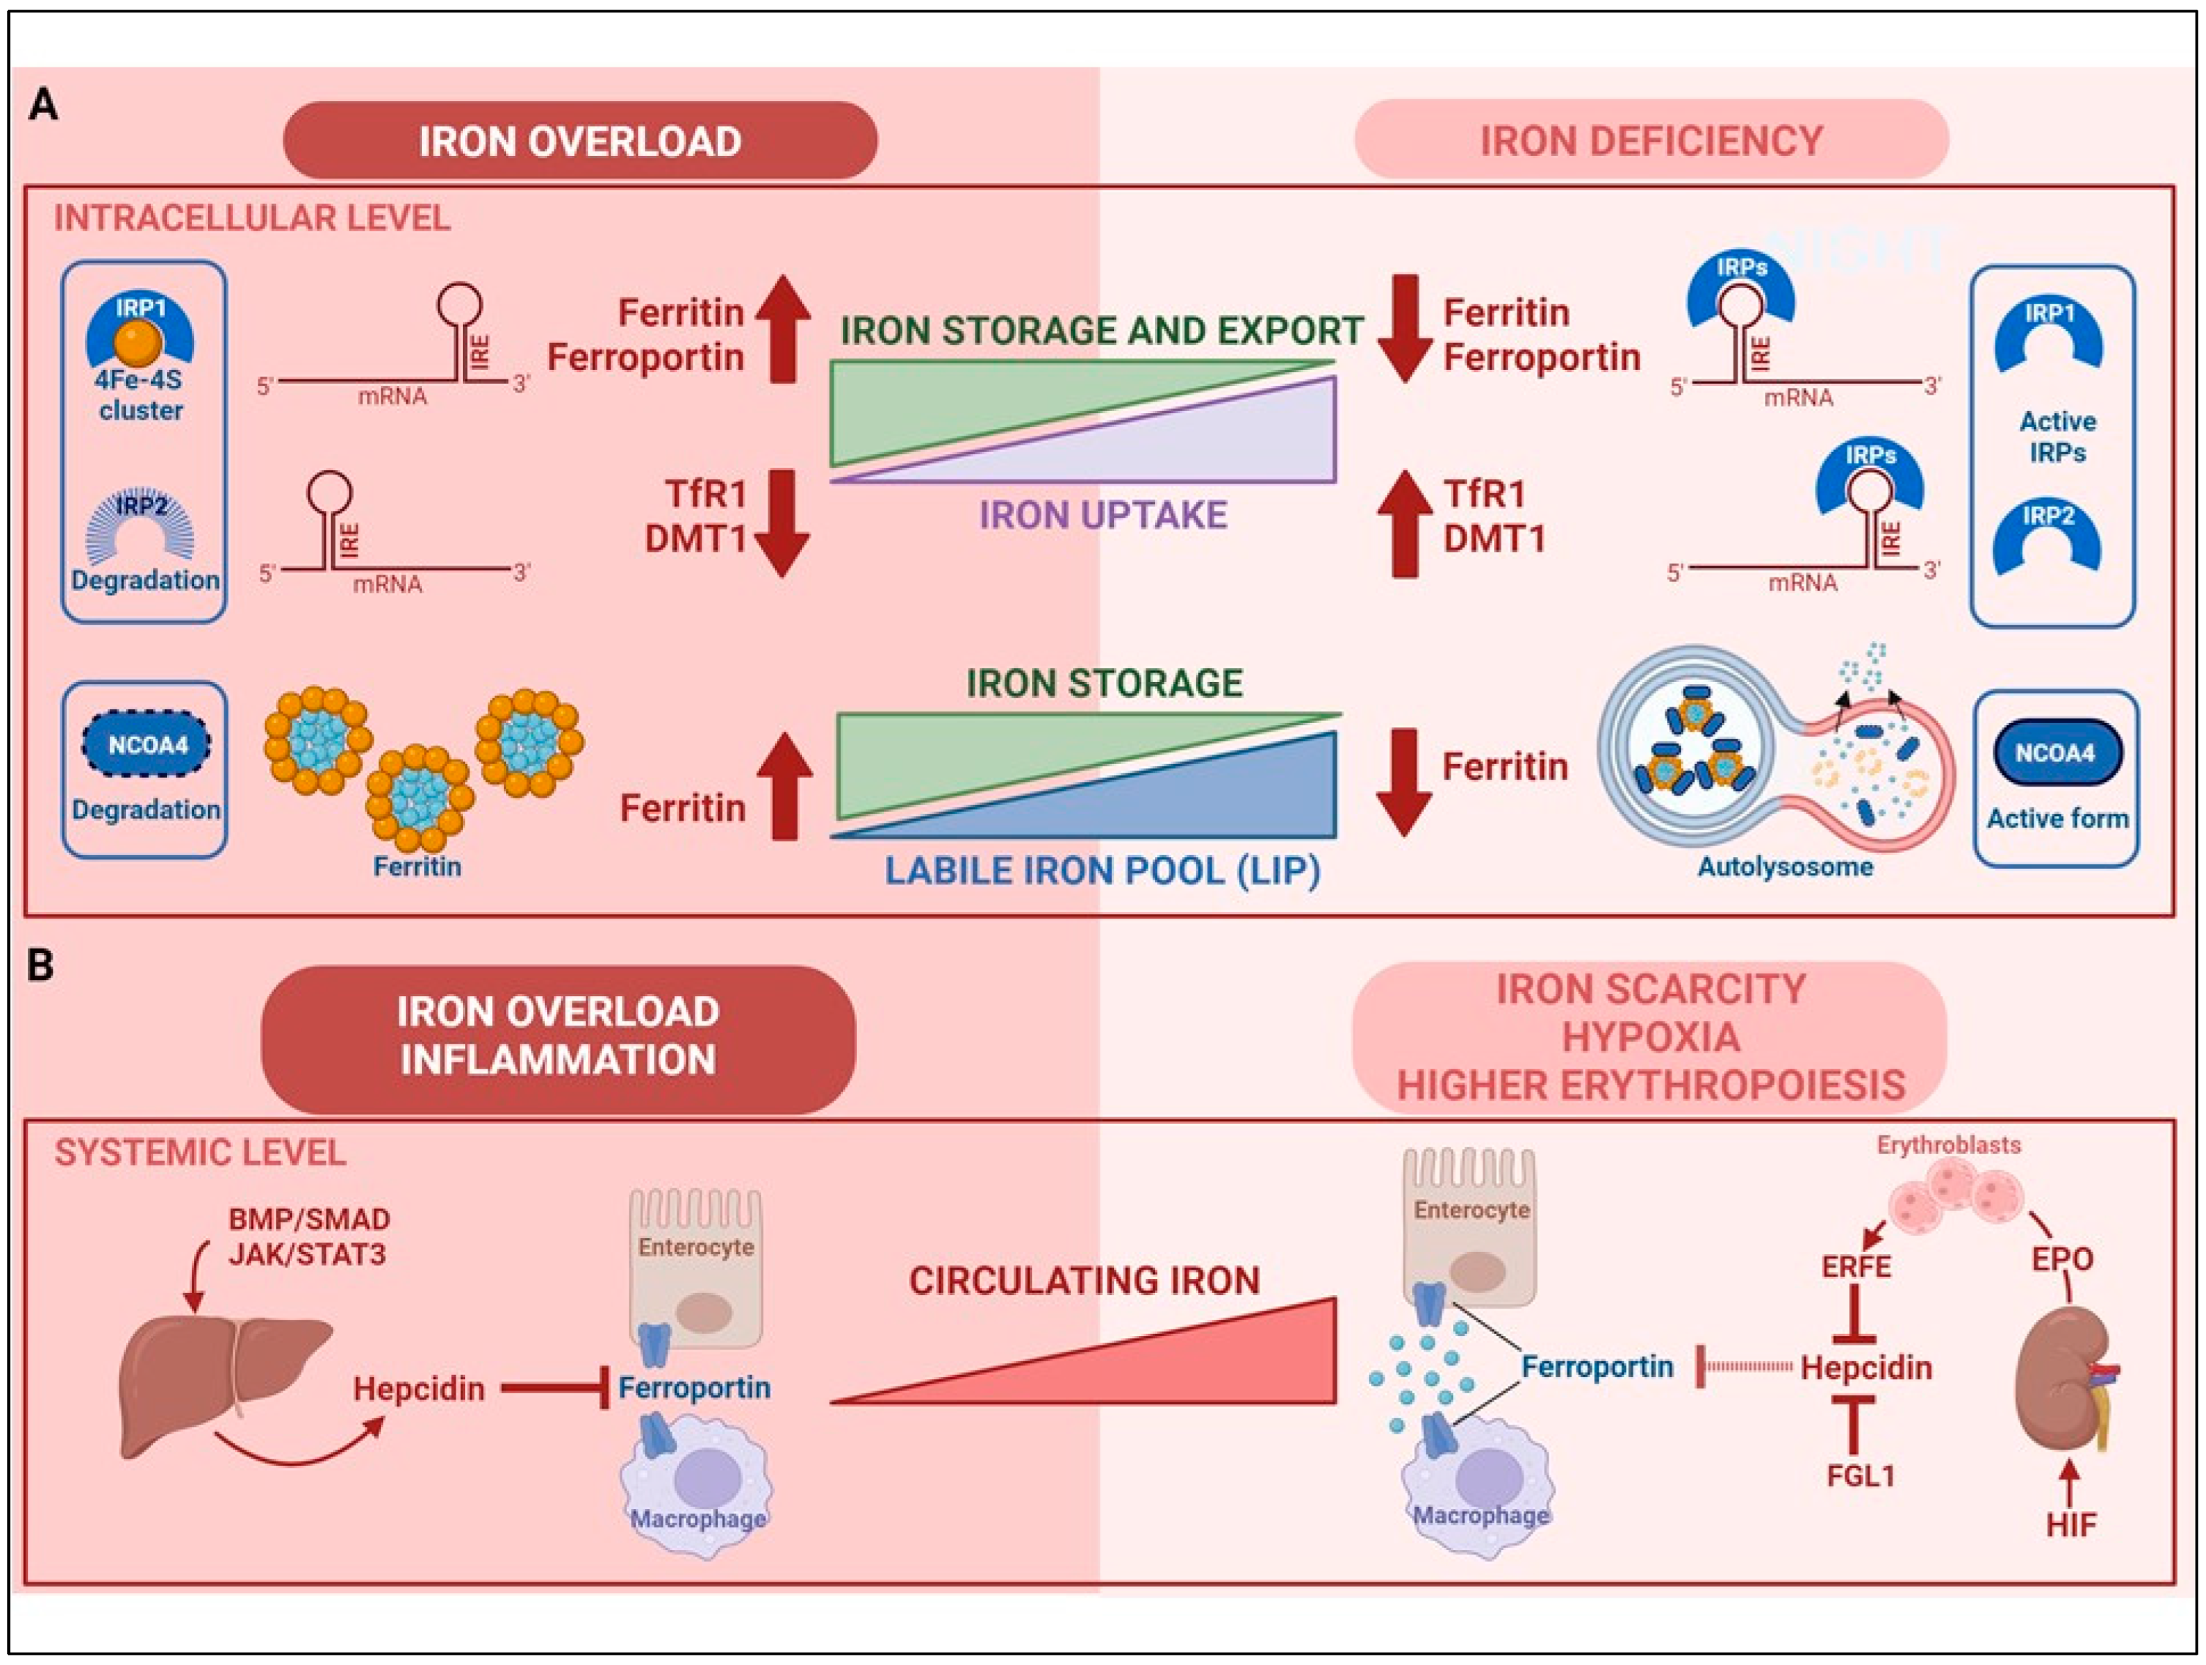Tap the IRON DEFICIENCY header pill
point(1651,141)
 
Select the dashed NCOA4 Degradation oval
point(148,744)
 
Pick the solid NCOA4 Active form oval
point(2056,753)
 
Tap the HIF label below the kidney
point(2071,1524)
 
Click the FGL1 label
point(1860,1474)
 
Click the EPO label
point(2062,1259)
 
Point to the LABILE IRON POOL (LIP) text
point(1102,871)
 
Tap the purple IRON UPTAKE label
point(1102,515)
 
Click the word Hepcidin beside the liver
point(419,1389)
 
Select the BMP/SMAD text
point(309,1219)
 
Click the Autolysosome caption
point(1785,866)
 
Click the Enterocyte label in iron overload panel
point(696,1247)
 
